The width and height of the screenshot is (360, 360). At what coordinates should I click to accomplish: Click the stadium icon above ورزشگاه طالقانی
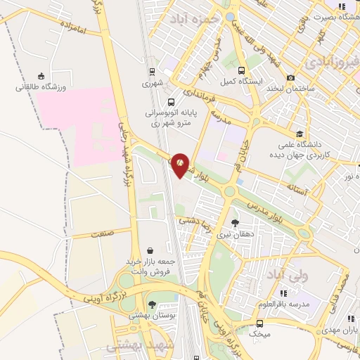pos(40,76)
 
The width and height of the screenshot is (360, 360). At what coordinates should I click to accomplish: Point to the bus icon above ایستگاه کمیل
pos(242,70)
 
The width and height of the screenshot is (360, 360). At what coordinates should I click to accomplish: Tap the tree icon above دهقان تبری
pos(224,223)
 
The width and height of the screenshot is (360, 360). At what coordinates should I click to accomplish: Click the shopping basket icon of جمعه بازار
pos(150,250)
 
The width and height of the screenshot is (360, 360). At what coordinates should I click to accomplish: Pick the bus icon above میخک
pos(260,323)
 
